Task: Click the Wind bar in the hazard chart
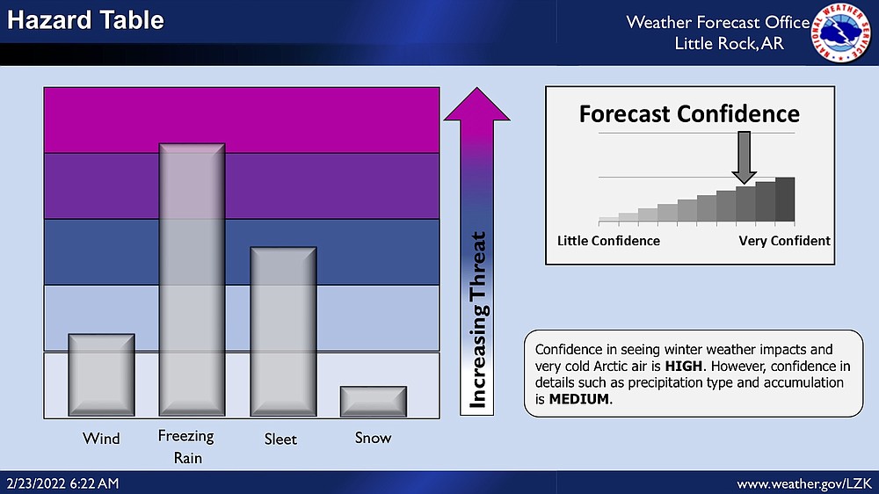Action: (x=101, y=374)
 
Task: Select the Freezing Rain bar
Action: (x=193, y=280)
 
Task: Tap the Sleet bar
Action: (x=283, y=331)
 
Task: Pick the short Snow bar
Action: (x=374, y=401)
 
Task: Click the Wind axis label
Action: (x=101, y=438)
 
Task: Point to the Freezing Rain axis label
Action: (x=186, y=447)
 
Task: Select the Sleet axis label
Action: (x=280, y=439)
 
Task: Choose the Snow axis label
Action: (x=373, y=438)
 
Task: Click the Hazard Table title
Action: (x=85, y=20)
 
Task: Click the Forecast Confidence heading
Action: (x=689, y=113)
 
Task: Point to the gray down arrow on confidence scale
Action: (x=744, y=157)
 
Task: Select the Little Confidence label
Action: (x=608, y=241)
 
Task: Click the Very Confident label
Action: (x=784, y=241)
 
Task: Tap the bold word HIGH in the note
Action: (x=683, y=367)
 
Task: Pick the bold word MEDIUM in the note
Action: (x=579, y=399)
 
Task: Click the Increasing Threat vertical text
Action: (x=477, y=320)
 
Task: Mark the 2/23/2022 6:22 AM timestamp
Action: (x=62, y=483)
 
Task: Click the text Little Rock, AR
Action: (x=729, y=43)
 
